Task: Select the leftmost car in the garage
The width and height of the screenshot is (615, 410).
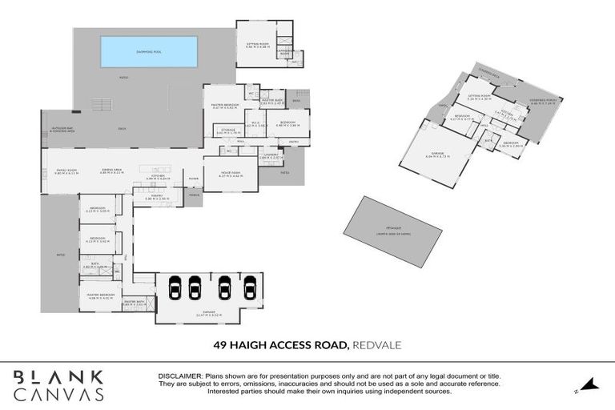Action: pos(171,287)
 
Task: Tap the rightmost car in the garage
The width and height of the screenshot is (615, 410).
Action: pos(250,287)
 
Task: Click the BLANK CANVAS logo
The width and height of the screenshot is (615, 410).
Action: pos(58,384)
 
